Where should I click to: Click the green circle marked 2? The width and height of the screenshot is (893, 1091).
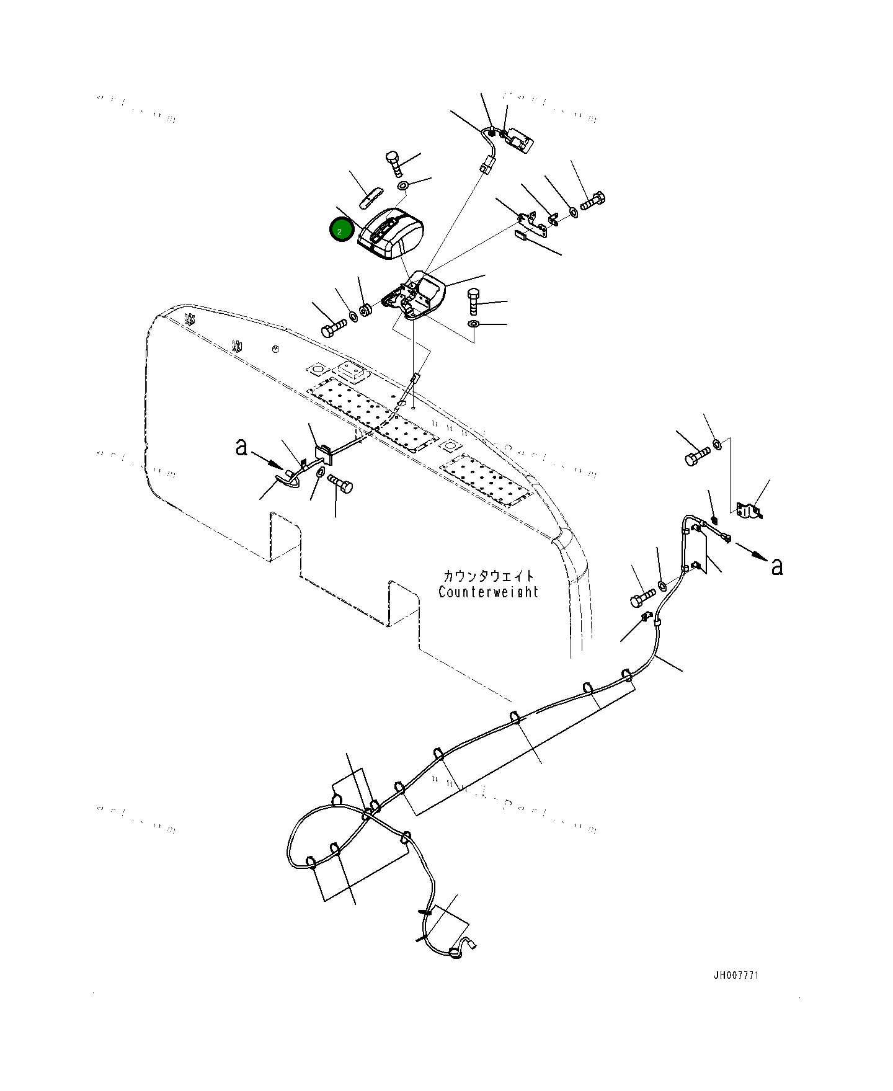(x=341, y=231)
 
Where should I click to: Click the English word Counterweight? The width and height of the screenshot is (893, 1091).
(x=488, y=592)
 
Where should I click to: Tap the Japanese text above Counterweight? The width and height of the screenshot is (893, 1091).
(x=488, y=576)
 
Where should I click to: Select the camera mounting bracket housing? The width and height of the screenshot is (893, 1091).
(x=417, y=296)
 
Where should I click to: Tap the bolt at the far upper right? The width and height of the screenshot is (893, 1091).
(x=593, y=202)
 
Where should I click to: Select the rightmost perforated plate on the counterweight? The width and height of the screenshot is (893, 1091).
(x=486, y=478)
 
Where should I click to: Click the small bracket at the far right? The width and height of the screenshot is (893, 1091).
(x=749, y=510)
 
